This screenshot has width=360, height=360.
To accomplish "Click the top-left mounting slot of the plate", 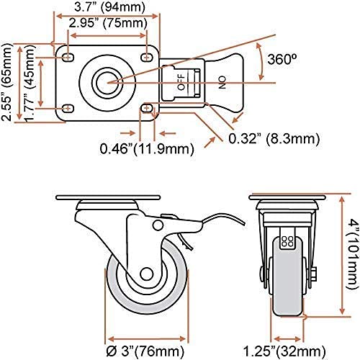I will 68,56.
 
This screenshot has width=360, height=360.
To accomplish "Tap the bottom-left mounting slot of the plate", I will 68,108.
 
